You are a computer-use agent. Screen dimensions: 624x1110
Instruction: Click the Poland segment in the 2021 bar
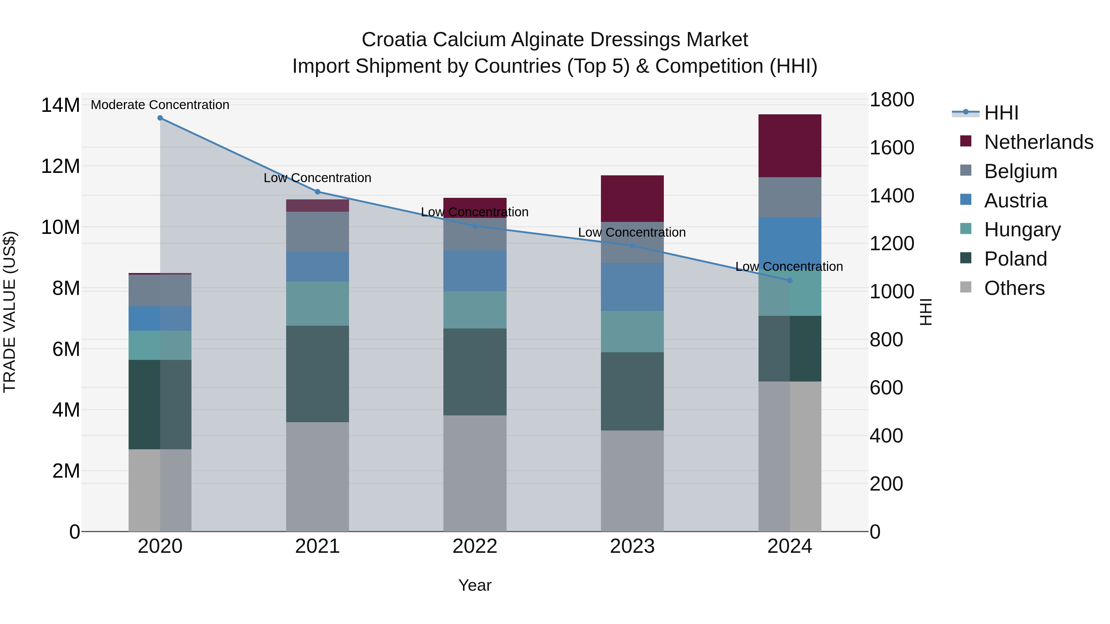click(317, 373)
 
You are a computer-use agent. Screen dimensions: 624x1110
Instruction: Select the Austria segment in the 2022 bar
click(475, 271)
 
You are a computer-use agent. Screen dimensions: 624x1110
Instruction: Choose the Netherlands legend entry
click(1038, 142)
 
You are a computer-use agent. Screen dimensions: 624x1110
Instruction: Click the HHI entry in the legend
click(1001, 113)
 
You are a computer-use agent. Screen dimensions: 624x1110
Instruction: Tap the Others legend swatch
click(966, 287)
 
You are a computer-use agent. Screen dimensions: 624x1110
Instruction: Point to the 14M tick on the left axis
click(60, 105)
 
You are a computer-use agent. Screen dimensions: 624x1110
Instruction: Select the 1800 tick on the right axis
click(891, 100)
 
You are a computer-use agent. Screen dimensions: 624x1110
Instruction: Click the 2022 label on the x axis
click(475, 546)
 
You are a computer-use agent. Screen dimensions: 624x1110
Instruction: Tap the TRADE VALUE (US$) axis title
click(10, 312)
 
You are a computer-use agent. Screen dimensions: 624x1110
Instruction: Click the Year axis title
click(475, 585)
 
